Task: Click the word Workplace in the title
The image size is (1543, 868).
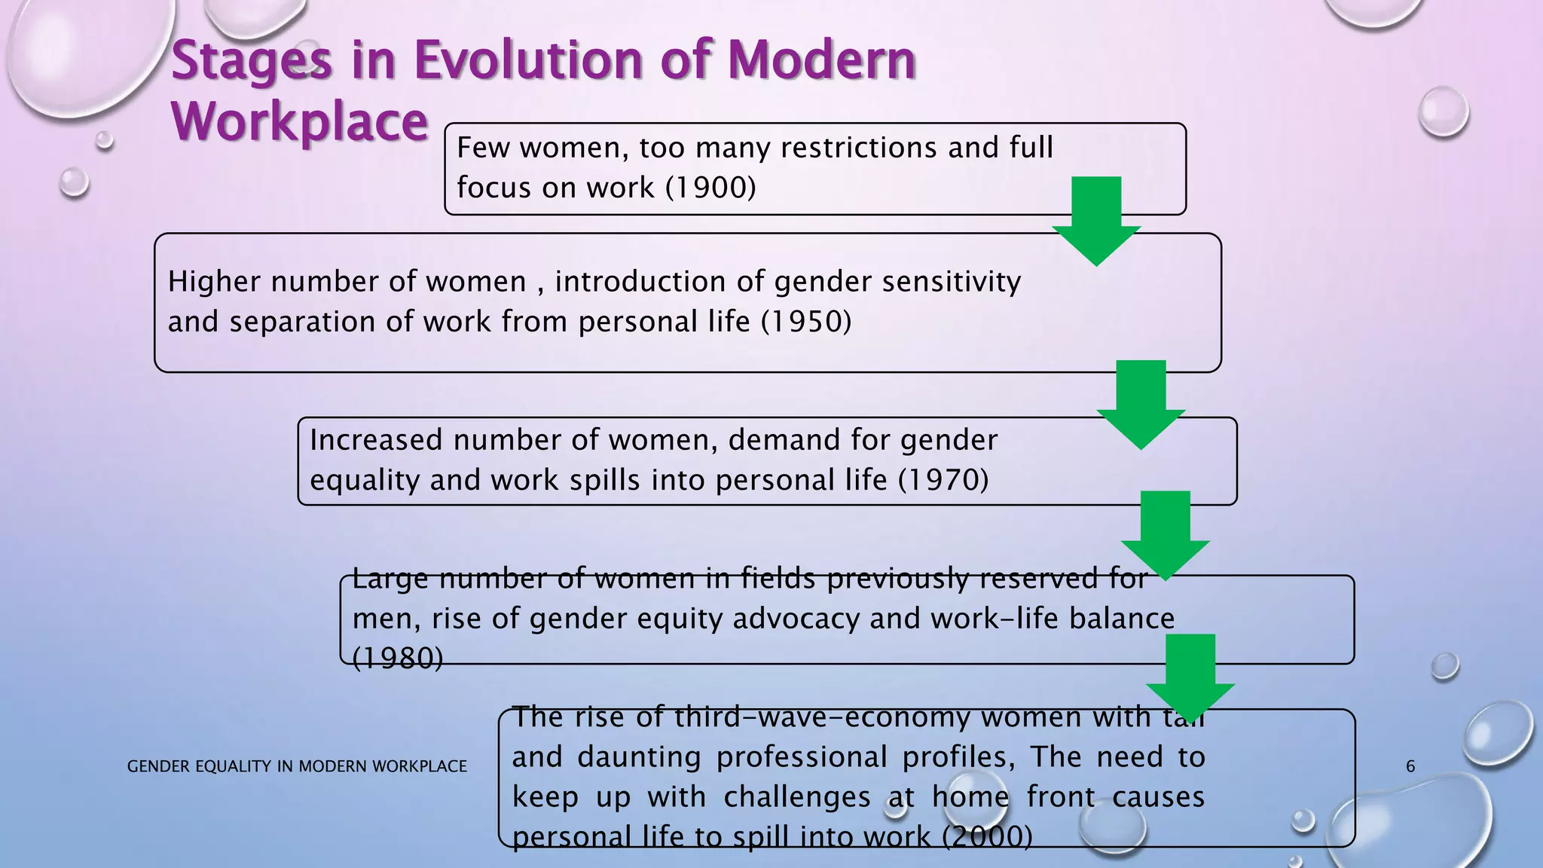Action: tap(300, 122)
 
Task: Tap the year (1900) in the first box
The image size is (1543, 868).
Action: tap(710, 188)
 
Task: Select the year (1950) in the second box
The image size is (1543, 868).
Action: tap(806, 322)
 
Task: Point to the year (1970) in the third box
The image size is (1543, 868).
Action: tap(943, 480)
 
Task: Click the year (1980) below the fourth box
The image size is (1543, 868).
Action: tap(398, 659)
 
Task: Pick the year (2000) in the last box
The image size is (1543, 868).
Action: tap(987, 836)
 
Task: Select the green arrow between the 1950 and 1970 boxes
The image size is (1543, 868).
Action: tap(1141, 404)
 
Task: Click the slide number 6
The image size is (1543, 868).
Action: tap(1410, 767)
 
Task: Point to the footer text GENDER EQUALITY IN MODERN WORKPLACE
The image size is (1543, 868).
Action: tap(297, 767)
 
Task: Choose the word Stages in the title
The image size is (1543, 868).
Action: tap(252, 62)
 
